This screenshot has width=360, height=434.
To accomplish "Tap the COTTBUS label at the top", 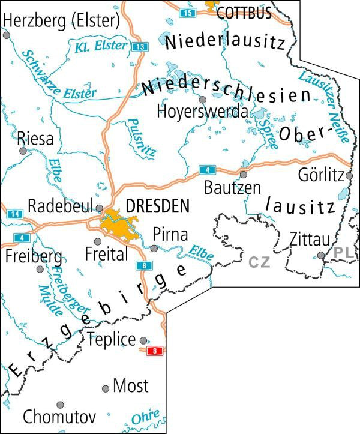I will pos(244,12).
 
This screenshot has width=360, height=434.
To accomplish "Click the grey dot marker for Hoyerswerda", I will pos(203,100).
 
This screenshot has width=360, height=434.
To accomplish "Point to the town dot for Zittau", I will pos(321,255).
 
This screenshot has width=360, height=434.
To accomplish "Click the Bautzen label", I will pos(232,188).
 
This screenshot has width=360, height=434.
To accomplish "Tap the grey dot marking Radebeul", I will pos(100,208).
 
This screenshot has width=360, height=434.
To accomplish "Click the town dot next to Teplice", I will pos(143,339).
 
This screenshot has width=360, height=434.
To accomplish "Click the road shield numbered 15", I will pos(188,11).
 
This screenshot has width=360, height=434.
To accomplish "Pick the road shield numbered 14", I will pos(14,213).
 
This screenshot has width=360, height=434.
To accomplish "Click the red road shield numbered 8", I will pos(156,350).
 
